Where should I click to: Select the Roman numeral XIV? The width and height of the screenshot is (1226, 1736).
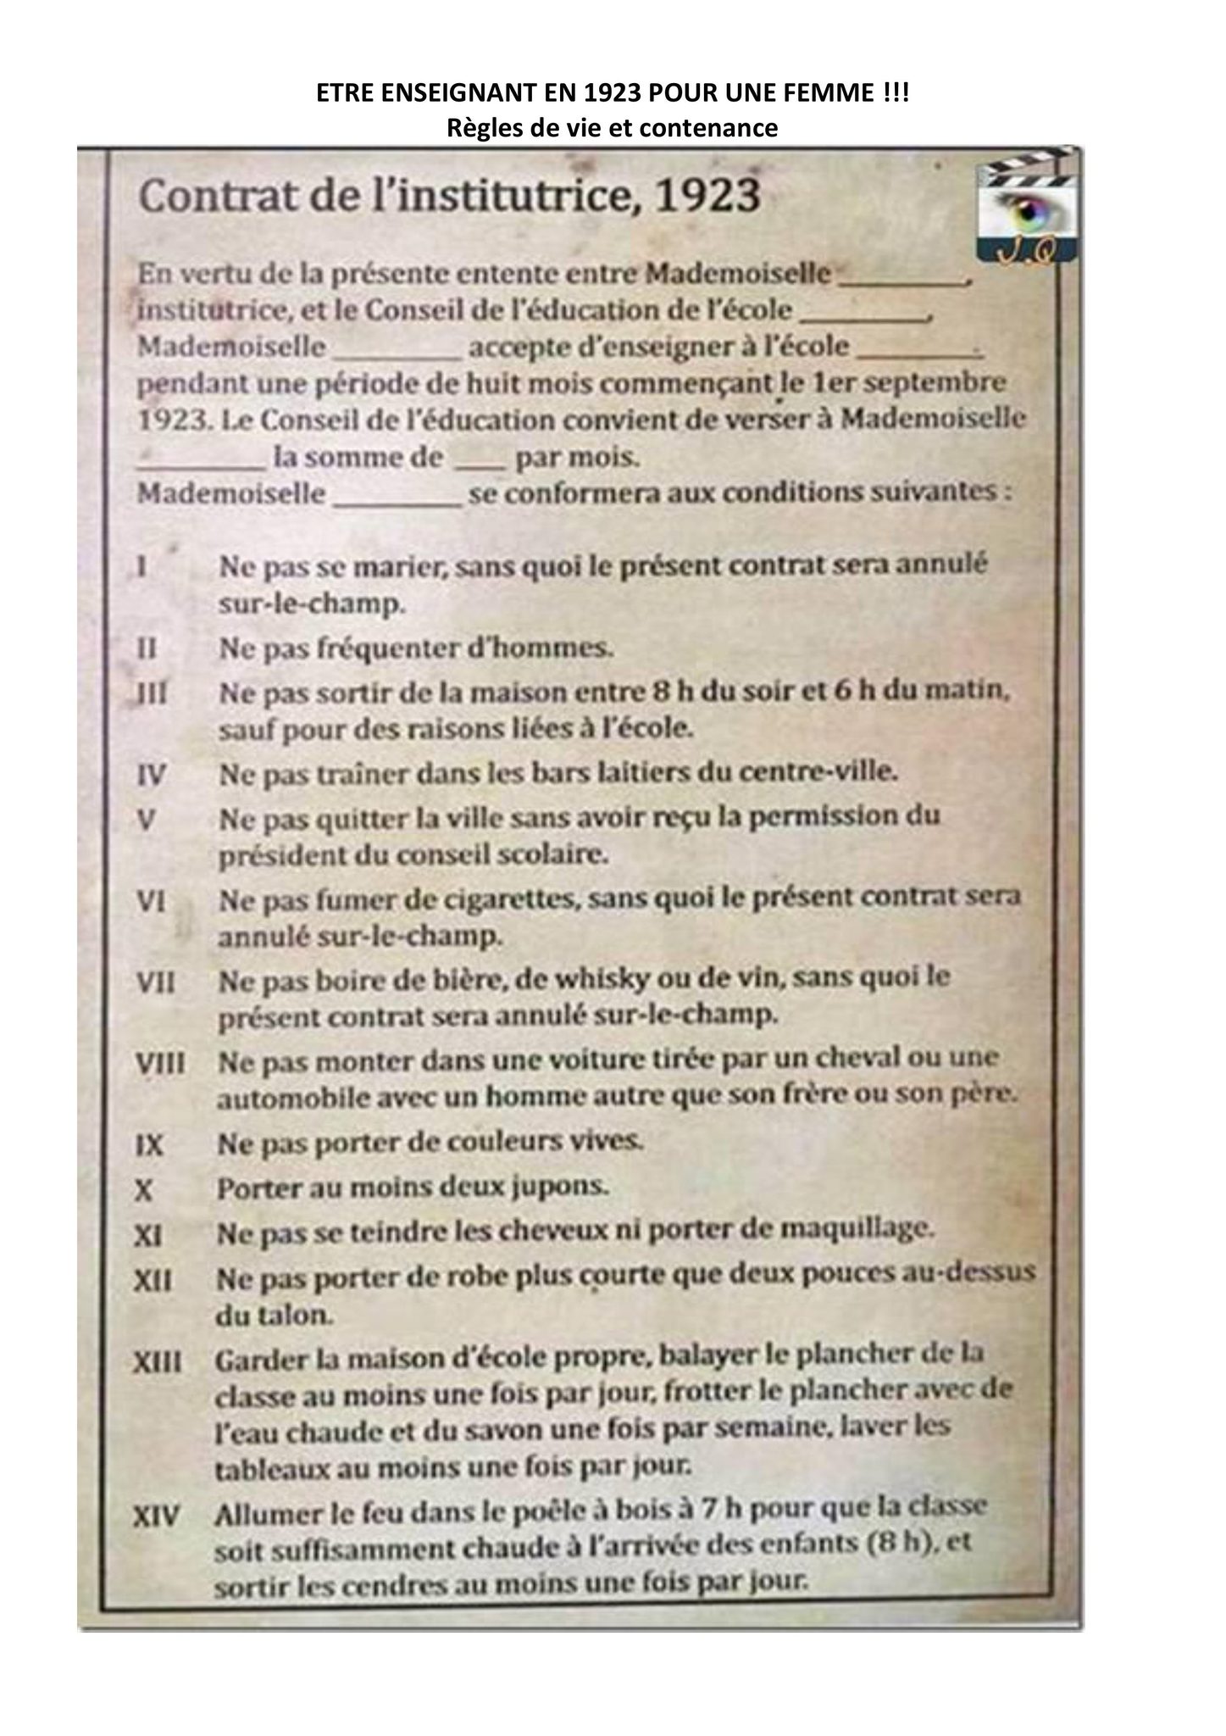pyautogui.click(x=158, y=1516)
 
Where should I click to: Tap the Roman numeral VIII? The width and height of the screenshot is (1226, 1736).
pyautogui.click(x=160, y=1064)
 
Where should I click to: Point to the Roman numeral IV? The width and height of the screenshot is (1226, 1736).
pyautogui.click(x=151, y=775)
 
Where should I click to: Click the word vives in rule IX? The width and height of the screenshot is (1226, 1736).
pyautogui.click(x=605, y=1142)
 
